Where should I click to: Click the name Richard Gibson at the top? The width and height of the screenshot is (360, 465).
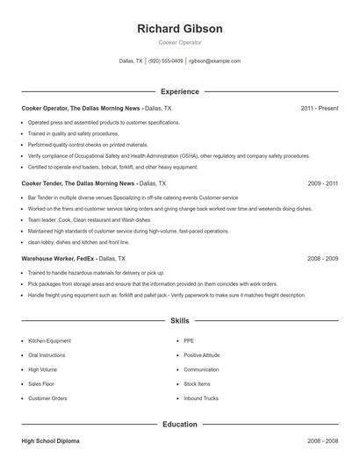(180, 28)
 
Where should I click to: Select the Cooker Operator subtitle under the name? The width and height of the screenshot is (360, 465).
(180, 42)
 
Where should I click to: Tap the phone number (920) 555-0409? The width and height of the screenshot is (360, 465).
(166, 61)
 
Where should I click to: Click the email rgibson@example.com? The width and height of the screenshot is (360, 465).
(215, 61)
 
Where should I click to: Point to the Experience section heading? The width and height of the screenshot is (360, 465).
(180, 91)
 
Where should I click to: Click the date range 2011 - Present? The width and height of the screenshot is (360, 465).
(319, 108)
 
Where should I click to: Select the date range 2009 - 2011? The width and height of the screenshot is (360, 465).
(323, 183)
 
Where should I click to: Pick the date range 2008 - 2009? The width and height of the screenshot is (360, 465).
(323, 259)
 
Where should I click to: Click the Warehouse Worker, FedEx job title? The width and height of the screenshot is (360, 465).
(58, 259)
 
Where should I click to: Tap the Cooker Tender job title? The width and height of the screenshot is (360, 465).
(78, 183)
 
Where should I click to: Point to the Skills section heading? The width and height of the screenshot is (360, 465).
(180, 322)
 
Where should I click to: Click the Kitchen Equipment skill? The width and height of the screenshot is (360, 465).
(49, 340)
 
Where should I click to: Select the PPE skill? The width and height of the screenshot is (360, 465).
(189, 340)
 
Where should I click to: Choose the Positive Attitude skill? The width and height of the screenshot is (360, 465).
(201, 355)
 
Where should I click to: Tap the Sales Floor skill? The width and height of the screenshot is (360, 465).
(41, 383)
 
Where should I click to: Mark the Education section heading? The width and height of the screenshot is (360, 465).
(180, 425)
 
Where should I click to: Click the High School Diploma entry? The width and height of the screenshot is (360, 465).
(51, 440)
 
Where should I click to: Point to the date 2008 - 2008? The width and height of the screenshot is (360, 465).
(323, 440)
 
